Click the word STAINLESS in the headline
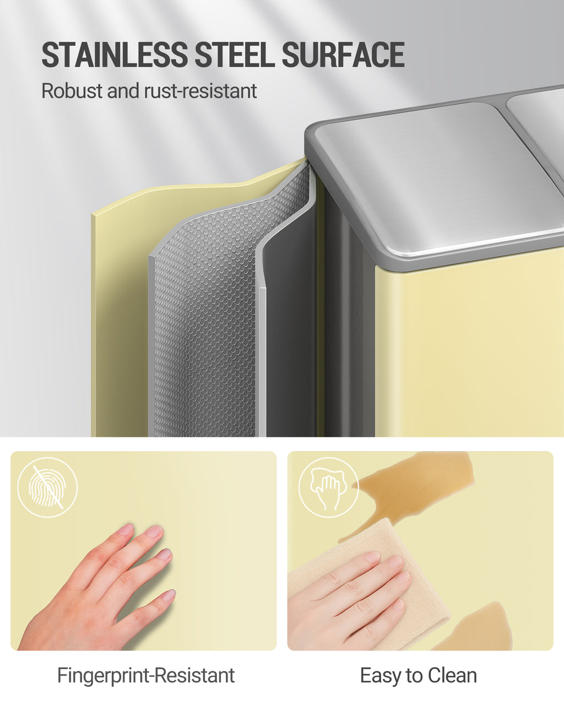[115, 55]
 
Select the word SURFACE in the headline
[343, 55]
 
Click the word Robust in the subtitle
[72, 90]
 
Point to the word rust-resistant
[200, 91]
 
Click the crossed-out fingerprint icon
[47, 487]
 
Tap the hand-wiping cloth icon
[329, 487]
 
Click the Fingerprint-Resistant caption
[146, 675]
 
